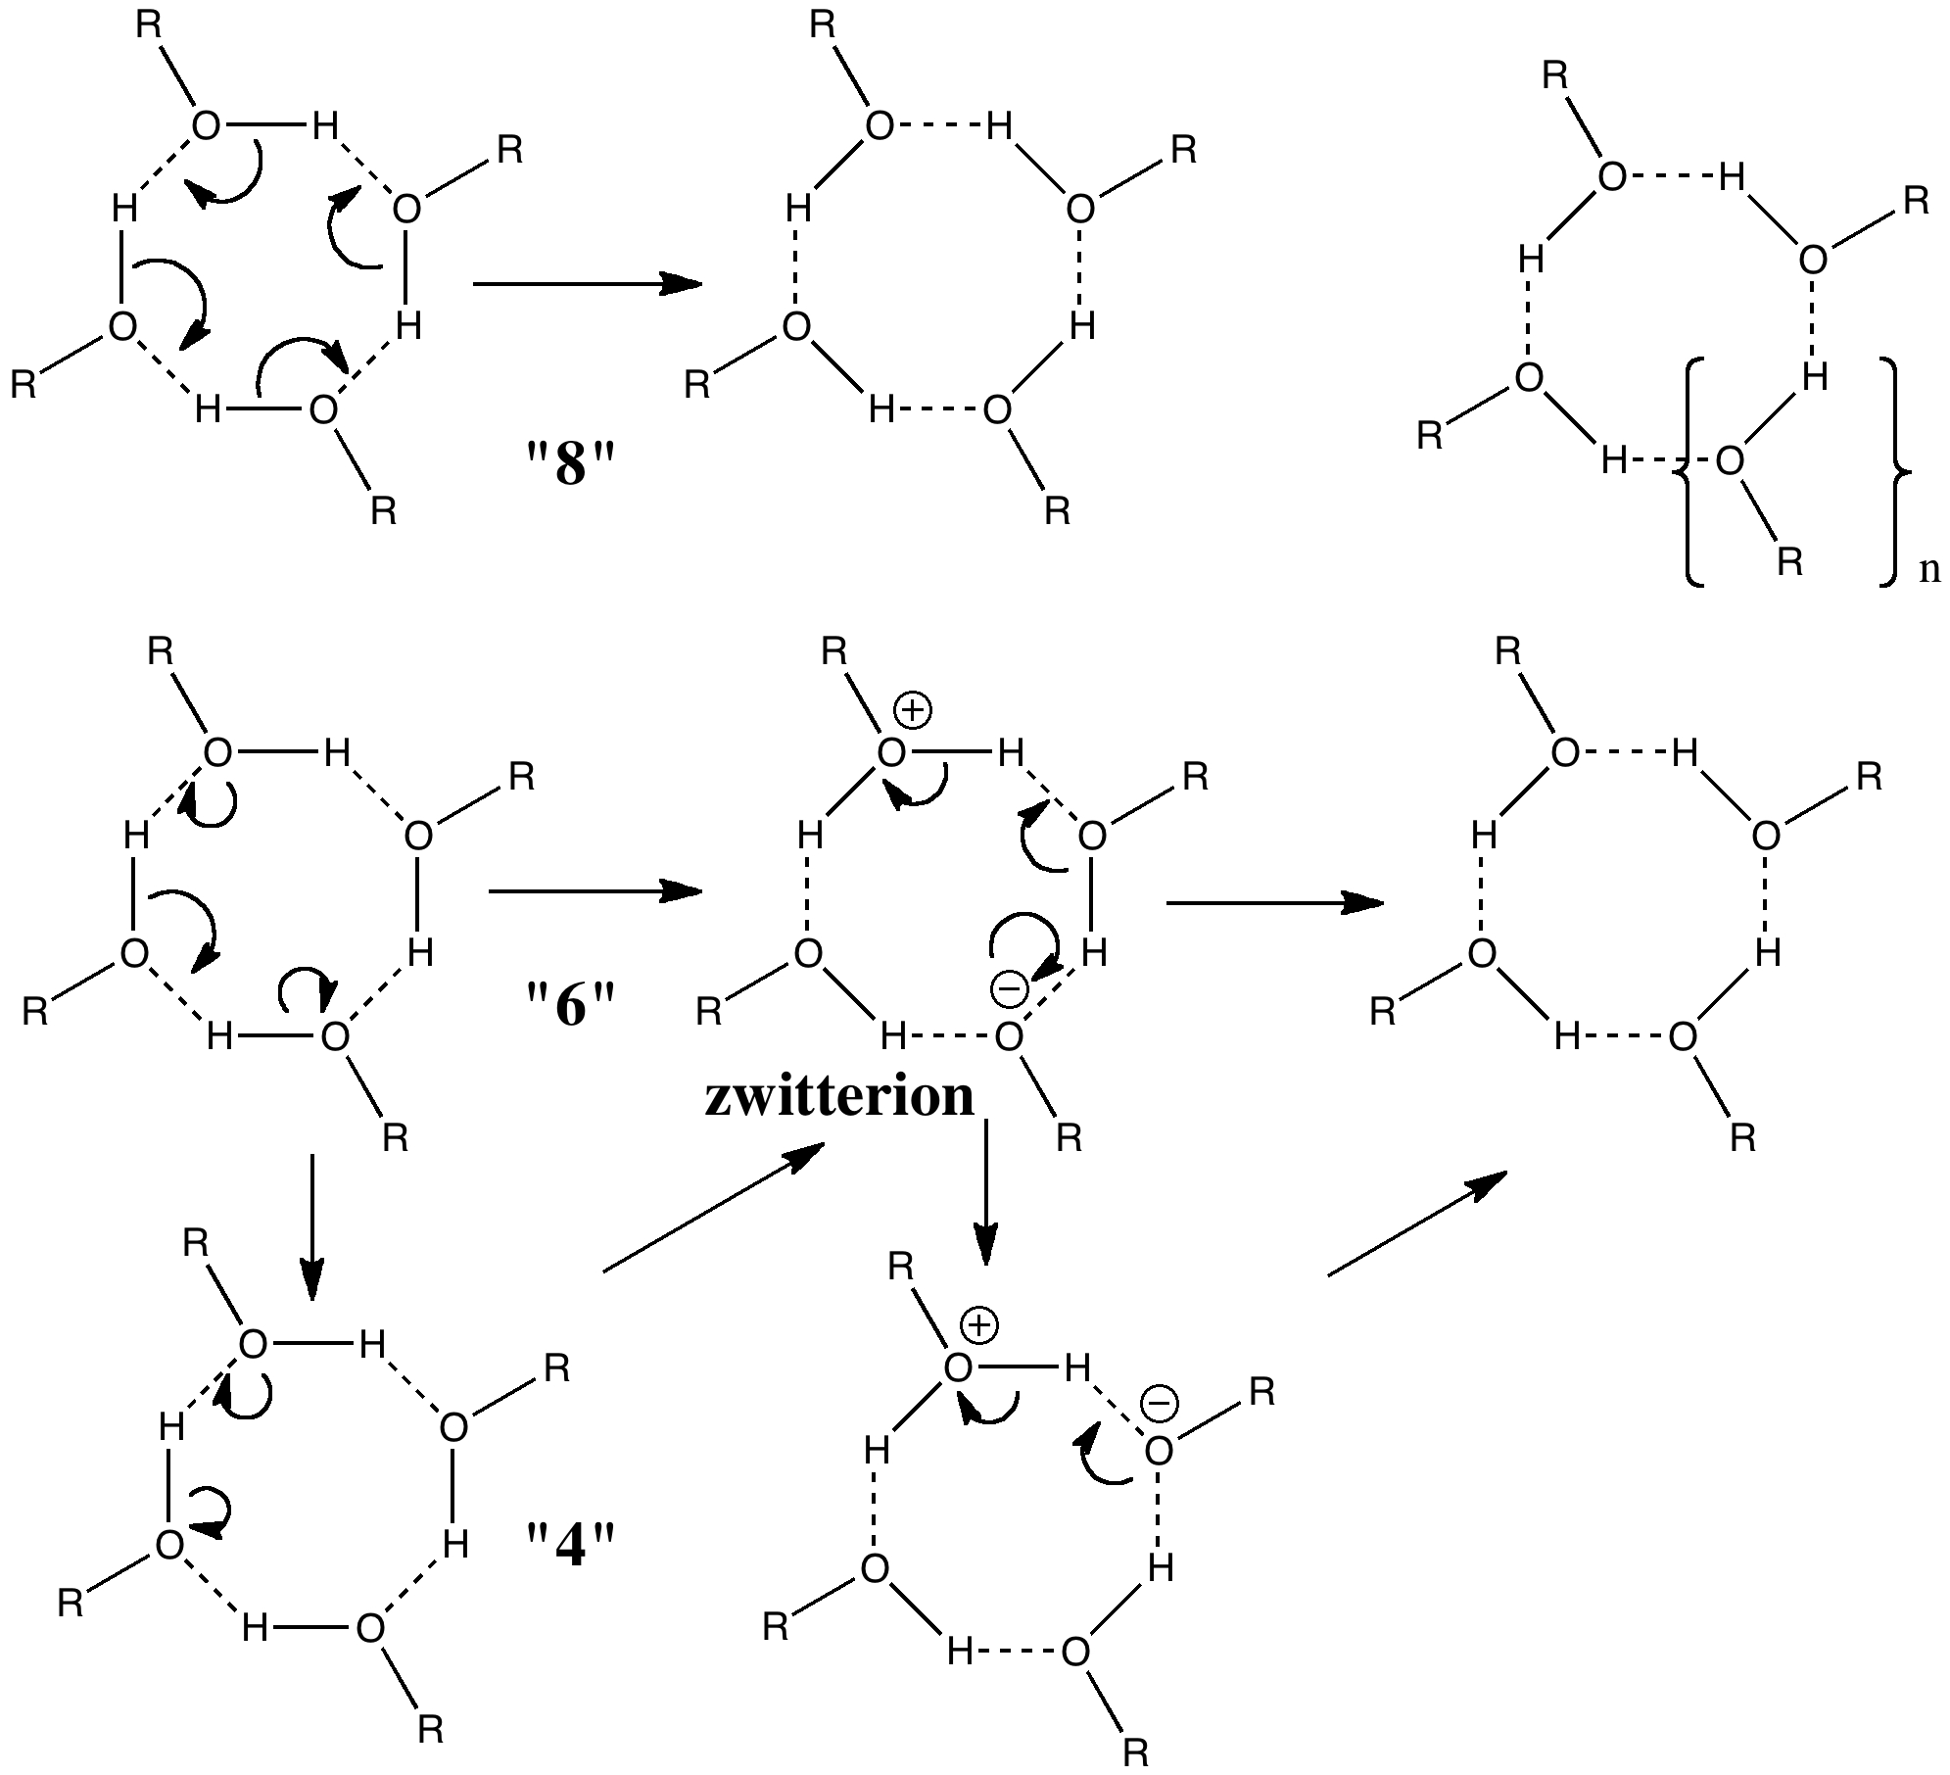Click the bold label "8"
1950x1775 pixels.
click(570, 463)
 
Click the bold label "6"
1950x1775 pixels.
click(570, 1004)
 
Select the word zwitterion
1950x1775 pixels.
click(839, 1096)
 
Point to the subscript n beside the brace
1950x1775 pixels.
click(1929, 569)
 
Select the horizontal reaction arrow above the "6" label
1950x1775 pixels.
click(595, 891)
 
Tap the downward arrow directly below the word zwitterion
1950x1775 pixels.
click(985, 1191)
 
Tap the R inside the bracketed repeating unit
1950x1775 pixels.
click(1790, 561)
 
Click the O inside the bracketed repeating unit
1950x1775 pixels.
click(1731, 460)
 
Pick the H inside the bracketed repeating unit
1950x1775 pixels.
click(1815, 377)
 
